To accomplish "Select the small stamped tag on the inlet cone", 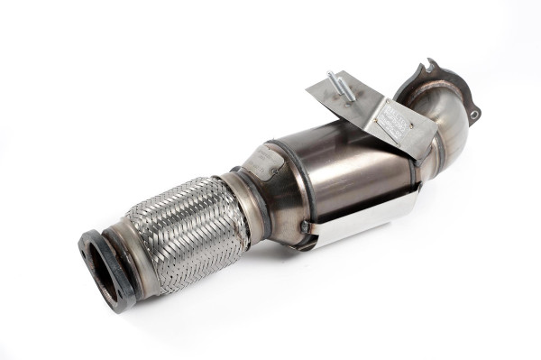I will click(263, 164).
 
